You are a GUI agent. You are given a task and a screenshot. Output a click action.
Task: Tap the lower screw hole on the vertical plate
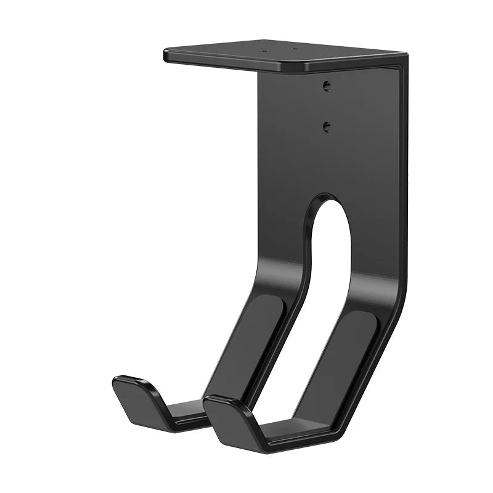pos(327,126)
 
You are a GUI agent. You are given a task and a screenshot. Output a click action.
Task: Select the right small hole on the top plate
pos(294,50)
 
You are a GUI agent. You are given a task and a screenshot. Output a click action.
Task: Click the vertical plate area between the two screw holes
pos(327,106)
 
